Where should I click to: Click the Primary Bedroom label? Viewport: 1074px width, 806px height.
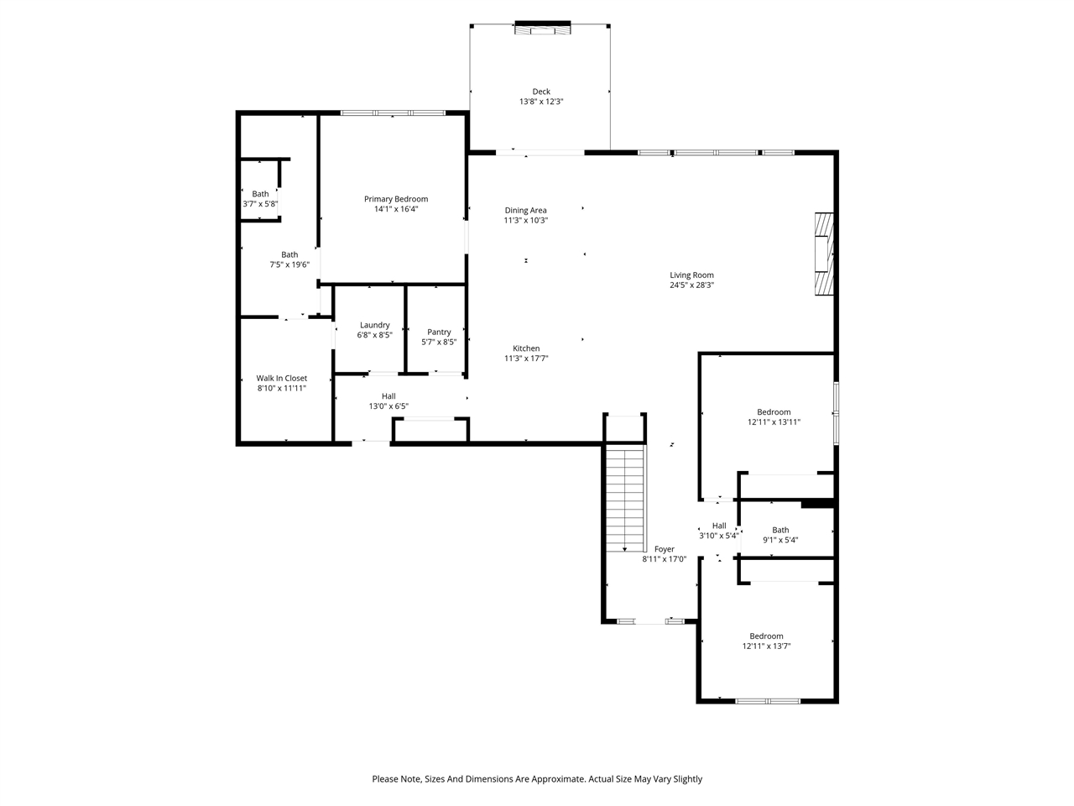pos(395,199)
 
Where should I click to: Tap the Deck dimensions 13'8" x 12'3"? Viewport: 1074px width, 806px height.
pos(541,102)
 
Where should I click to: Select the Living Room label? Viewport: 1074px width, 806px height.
pos(691,275)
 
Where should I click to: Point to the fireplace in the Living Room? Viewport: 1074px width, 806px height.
pos(825,254)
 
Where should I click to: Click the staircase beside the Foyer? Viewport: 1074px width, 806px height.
pos(625,499)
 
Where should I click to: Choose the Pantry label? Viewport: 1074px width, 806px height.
pos(439,332)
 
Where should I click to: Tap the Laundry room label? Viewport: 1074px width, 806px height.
pos(374,325)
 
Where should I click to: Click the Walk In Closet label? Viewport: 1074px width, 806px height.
pos(281,378)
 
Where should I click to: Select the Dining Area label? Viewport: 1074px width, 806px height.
pos(525,210)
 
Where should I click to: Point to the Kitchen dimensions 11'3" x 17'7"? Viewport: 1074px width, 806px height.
pos(526,359)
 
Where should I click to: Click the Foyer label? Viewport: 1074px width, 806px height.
pos(664,549)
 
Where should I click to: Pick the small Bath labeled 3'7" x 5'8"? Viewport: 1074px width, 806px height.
pos(260,194)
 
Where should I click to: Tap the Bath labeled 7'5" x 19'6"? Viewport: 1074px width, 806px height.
pos(289,254)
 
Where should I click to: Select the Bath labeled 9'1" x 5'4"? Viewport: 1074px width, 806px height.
pos(780,530)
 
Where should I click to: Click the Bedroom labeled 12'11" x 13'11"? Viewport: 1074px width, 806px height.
pos(774,411)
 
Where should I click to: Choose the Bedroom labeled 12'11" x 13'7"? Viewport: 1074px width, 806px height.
pos(766,636)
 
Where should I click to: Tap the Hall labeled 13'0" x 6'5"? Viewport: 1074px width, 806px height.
pos(388,396)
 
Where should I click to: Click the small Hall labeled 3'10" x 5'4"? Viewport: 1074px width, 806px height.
pos(719,526)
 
